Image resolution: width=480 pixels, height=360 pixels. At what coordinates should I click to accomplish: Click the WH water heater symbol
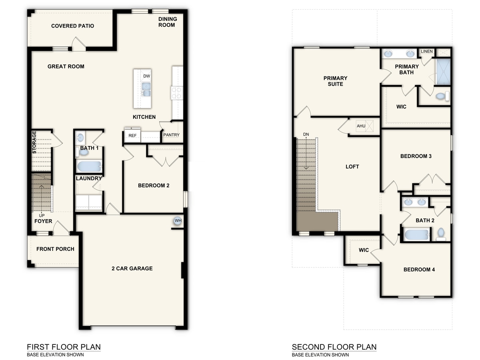[x=177, y=220]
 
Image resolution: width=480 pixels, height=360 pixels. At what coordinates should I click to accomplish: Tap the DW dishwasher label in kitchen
[x=146, y=76]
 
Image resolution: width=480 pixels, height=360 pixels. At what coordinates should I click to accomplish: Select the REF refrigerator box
[x=132, y=136]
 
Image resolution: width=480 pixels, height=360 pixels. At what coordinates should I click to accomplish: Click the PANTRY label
[x=171, y=135]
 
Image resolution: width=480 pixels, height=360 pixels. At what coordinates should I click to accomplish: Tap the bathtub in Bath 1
[x=89, y=166]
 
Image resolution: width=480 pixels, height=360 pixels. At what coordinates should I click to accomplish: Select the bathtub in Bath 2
[x=416, y=234]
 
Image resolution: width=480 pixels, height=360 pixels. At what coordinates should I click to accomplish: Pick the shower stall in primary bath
[x=443, y=72]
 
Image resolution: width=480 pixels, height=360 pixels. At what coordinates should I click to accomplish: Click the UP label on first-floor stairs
[x=42, y=215]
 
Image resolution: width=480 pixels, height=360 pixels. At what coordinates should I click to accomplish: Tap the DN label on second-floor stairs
[x=306, y=134]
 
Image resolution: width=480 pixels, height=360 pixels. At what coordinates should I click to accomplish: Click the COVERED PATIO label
[x=72, y=26]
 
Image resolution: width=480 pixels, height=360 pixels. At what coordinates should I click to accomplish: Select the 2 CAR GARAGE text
[x=132, y=268]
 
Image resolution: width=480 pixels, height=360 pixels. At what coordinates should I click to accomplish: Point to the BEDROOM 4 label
[x=419, y=270]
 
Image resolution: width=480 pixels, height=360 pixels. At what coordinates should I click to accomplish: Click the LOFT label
[x=352, y=166]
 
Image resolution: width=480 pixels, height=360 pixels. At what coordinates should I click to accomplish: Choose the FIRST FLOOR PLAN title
[x=64, y=347]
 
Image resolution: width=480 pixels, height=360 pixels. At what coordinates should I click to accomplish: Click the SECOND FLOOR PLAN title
[x=334, y=347]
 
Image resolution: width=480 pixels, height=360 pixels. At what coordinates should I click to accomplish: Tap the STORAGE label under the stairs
[x=34, y=142]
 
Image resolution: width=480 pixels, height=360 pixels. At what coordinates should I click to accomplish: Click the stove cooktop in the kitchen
[x=177, y=93]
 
